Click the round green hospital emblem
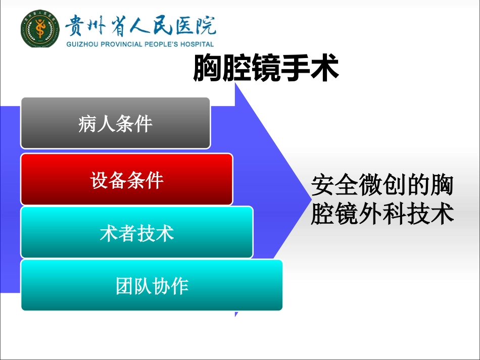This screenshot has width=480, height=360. pos(40,28)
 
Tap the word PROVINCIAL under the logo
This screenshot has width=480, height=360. pos(122,44)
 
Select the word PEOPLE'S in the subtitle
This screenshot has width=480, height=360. pos(161,44)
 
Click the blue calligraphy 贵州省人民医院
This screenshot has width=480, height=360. pos(140,25)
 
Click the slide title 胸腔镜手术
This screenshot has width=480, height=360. pos(266,68)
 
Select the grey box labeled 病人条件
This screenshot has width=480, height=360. pos(115,123)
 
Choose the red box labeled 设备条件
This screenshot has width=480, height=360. pos(127,179)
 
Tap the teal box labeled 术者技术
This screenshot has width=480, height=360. pos(137,232)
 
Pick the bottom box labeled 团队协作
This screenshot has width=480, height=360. pos(152,285)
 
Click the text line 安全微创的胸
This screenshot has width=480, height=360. pos(382,185)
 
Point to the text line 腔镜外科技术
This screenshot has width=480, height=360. pos(382,214)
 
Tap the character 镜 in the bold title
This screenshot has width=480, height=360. pos(266,68)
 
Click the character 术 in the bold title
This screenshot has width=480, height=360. pos(324,68)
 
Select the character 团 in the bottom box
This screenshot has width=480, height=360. pos(124,286)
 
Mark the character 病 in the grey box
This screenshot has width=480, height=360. pos(87,124)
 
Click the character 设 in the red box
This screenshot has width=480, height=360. pos(99,180)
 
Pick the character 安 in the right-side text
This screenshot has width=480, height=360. pos(323,185)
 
